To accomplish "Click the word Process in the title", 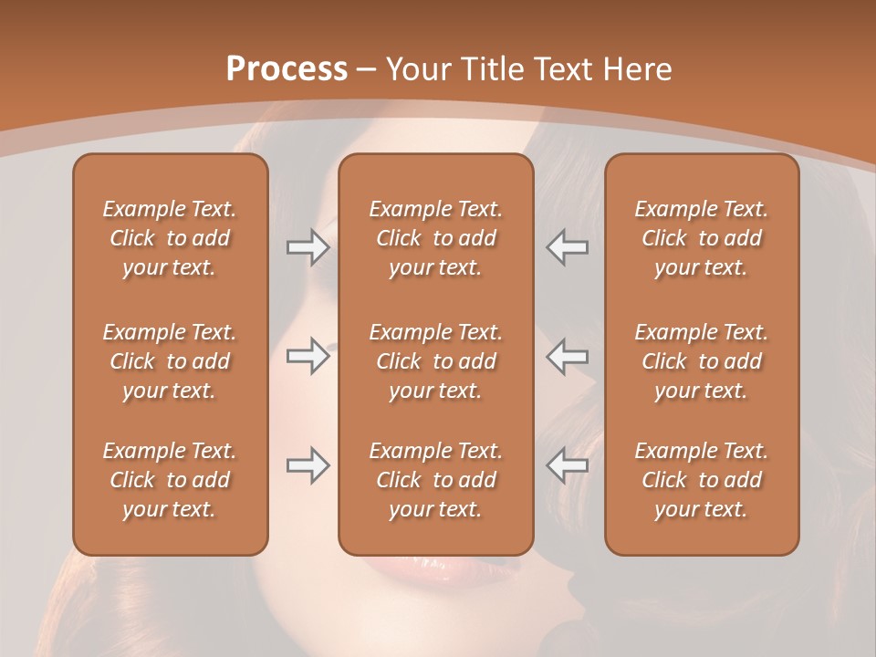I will click(287, 69).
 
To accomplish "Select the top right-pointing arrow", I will click(308, 247).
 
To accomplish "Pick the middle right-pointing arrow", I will click(308, 356).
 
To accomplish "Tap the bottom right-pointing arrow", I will click(308, 465).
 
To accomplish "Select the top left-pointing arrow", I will click(567, 247).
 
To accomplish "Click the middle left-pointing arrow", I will click(567, 356).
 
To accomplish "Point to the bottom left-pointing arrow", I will click(567, 465).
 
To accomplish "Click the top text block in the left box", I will click(170, 238).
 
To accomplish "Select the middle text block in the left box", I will click(170, 361).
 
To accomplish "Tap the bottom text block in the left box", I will click(170, 480).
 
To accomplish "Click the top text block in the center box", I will click(436, 238).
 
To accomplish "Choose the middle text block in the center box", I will click(436, 361).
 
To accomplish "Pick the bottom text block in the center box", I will click(436, 480).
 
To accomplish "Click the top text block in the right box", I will click(702, 238).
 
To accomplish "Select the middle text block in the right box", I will click(702, 361).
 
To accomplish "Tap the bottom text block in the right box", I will click(702, 480).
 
